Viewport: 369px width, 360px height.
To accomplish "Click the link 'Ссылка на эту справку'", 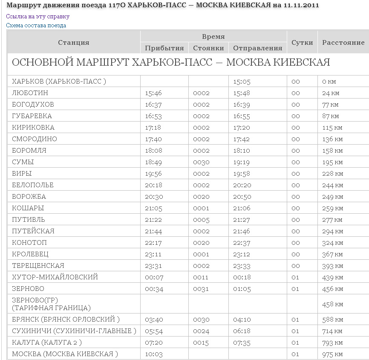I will point(37,17).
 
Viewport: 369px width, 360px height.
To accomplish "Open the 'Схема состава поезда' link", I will point(36,25).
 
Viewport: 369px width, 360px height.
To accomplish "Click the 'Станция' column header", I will point(74,42).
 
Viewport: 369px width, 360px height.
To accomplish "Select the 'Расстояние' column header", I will point(343,42).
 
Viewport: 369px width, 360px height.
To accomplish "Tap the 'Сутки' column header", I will point(302,42).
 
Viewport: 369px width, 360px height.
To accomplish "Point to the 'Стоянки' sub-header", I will point(208,48).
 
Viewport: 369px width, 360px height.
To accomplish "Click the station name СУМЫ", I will point(23,162).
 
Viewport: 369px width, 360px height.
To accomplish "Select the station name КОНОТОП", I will point(29,243).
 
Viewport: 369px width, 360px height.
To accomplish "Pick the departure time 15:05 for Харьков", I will point(242,81).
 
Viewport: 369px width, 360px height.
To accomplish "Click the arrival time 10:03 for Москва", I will point(153,354).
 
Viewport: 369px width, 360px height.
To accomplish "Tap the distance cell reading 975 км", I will point(332,354).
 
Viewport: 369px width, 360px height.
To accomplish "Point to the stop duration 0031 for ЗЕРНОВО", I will point(201,289).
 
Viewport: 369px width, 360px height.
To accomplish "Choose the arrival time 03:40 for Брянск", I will point(153,320).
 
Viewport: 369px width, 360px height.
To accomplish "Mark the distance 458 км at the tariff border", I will point(332,305).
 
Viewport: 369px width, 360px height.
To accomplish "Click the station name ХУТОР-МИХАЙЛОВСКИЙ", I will point(55,277).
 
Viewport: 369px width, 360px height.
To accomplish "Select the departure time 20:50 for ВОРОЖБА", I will point(242,197).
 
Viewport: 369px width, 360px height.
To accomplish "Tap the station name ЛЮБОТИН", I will point(30,93).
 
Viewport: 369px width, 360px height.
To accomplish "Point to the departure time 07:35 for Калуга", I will point(242,343).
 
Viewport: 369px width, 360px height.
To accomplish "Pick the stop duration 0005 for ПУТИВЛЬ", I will point(201,220).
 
